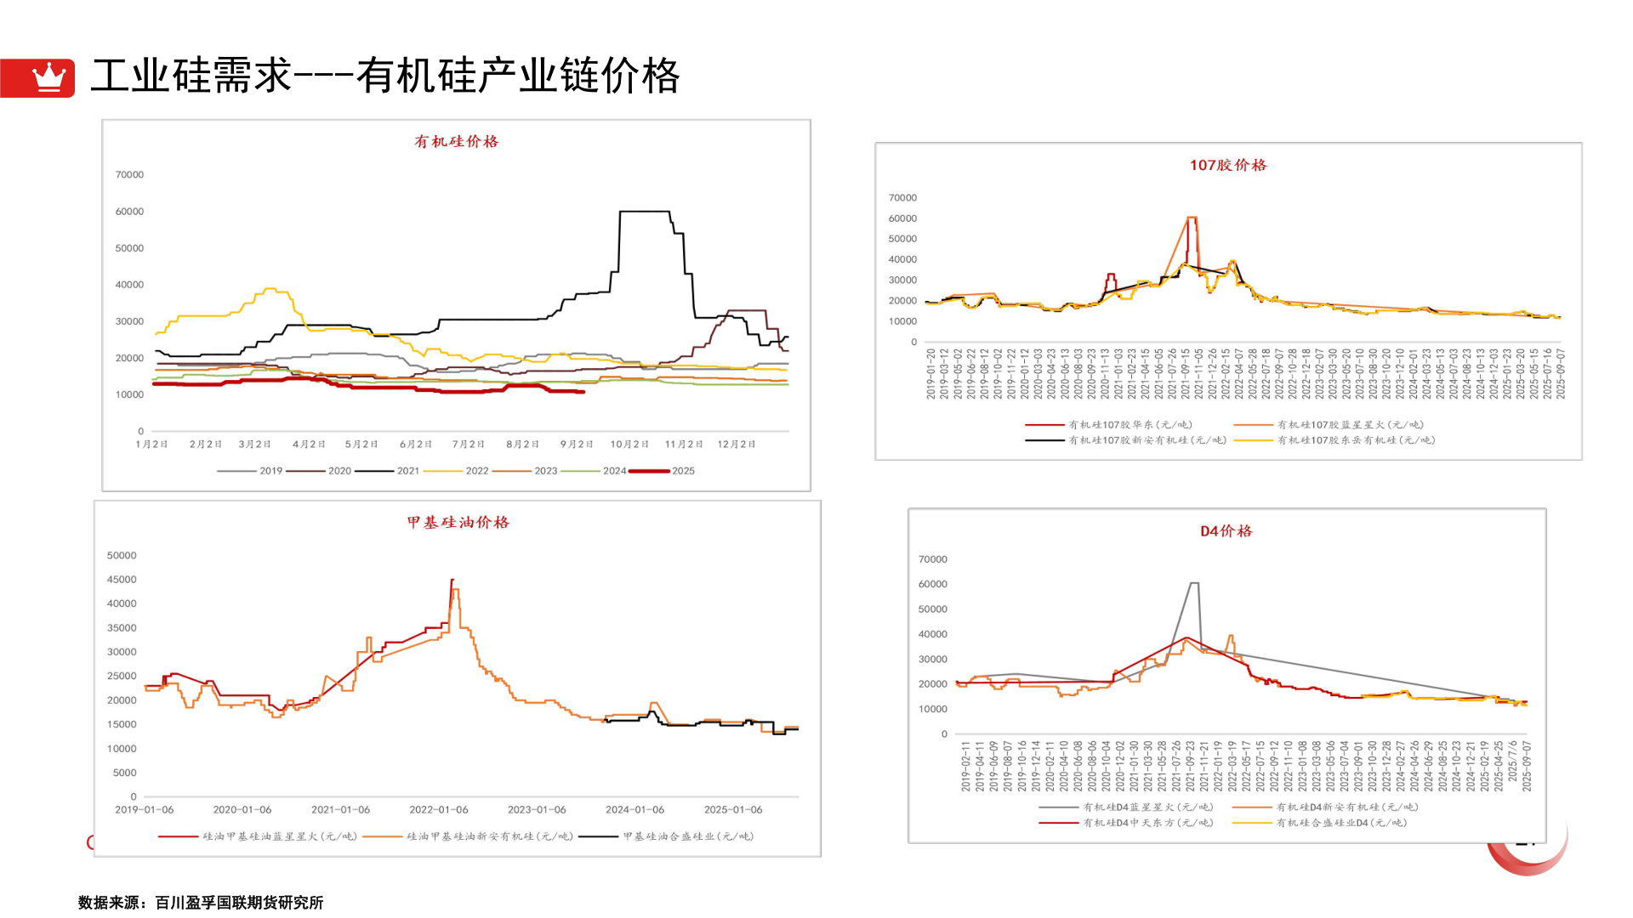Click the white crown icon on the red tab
pyautogui.click(x=48, y=77)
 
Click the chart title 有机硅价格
pyautogui.click(x=456, y=142)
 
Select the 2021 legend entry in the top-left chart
pyautogui.click(x=407, y=471)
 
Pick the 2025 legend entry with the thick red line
pyautogui.click(x=682, y=471)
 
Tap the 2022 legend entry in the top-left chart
pyautogui.click(x=476, y=471)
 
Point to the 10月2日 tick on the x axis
pyautogui.click(x=629, y=445)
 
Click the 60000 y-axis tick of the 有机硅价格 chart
pyautogui.click(x=129, y=212)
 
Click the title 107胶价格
pyautogui.click(x=1227, y=165)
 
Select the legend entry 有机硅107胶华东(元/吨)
pyautogui.click(x=1129, y=425)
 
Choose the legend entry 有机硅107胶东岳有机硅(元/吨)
pyautogui.click(x=1355, y=440)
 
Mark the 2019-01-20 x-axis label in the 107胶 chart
pyautogui.click(x=931, y=374)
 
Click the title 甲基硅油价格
pyautogui.click(x=458, y=523)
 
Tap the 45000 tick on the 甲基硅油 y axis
pyautogui.click(x=122, y=580)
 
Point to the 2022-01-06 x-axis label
pyautogui.click(x=438, y=810)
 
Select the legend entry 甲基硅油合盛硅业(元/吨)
pyautogui.click(x=687, y=836)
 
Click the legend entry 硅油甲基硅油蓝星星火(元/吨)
pyautogui.click(x=279, y=836)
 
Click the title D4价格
pyautogui.click(x=1226, y=531)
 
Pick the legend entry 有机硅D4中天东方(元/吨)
pyautogui.click(x=1147, y=823)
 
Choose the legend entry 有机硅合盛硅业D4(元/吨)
pyautogui.click(x=1341, y=823)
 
